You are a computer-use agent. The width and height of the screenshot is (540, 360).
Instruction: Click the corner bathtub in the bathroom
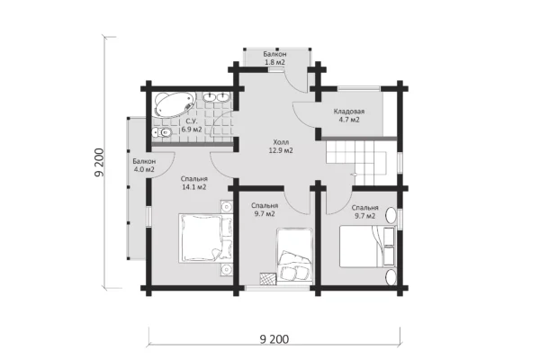click(173, 104)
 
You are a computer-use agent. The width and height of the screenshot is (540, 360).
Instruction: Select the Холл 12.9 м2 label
click(281, 146)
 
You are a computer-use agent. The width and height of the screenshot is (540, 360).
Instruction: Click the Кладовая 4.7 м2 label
click(349, 116)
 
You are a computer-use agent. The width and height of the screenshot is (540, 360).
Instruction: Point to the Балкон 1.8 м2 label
click(274, 58)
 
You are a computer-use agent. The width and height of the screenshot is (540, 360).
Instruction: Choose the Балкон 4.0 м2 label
click(144, 166)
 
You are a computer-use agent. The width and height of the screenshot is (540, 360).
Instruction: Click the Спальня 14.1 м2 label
click(194, 183)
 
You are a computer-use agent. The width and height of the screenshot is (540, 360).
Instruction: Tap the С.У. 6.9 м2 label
click(192, 125)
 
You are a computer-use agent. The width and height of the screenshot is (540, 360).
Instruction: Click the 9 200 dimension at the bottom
click(274, 339)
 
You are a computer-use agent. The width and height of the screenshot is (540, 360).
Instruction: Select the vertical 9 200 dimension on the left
click(99, 163)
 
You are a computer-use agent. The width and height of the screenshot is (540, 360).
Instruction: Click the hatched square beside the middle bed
click(268, 278)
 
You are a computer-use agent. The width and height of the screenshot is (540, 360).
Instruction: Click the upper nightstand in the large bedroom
click(227, 207)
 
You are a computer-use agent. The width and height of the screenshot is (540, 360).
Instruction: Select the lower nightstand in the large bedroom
click(227, 269)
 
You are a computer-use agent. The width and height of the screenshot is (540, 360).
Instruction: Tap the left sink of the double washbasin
click(209, 97)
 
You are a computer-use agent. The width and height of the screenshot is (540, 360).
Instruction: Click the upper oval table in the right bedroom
click(391, 216)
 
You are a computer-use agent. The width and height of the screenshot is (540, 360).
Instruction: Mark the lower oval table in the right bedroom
click(391, 278)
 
